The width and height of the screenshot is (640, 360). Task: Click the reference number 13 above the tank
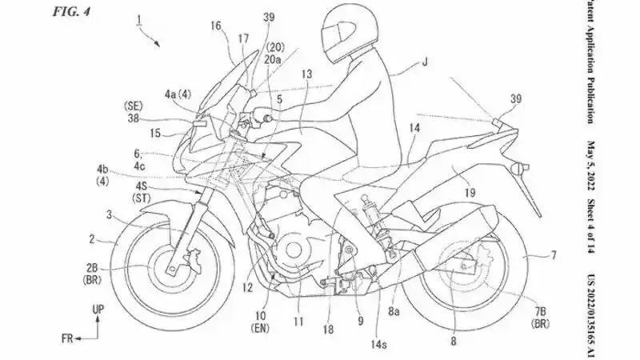(306, 73)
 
